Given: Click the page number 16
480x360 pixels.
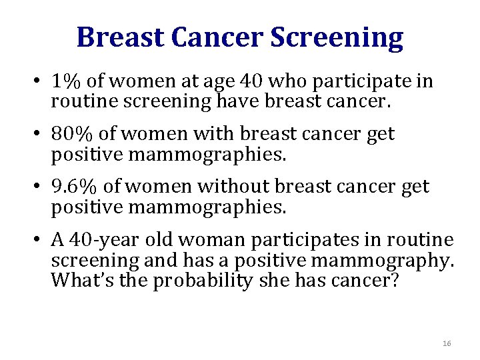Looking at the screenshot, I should pos(447,343).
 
